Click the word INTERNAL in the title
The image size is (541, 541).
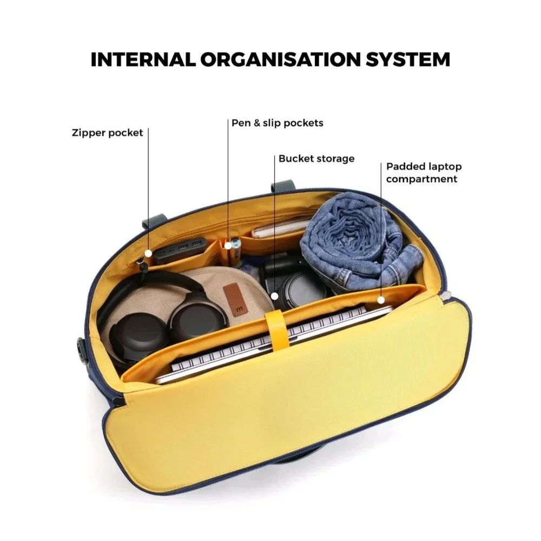[143, 60]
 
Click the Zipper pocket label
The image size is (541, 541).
[107, 133]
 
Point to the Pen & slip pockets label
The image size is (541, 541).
[278, 123]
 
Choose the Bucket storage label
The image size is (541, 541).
[316, 159]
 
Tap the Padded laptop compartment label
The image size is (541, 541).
[424, 173]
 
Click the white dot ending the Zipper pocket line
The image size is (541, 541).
[148, 253]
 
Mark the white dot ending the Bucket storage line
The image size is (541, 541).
[275, 296]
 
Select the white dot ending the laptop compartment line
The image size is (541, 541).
[381, 300]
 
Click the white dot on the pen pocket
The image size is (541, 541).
[228, 246]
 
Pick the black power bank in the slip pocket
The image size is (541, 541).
[180, 249]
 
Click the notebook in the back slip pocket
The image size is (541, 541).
[280, 228]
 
